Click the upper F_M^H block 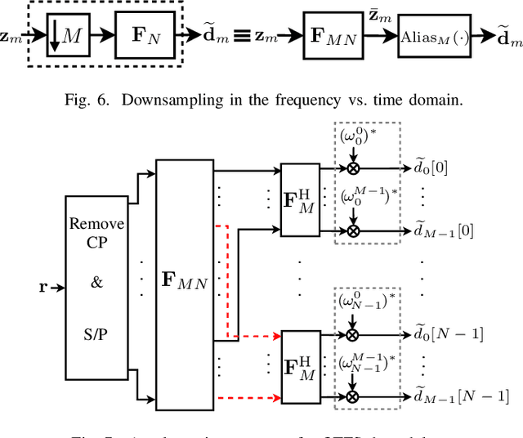click(299, 200)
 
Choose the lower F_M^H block click(299, 365)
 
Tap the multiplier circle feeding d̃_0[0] click(354, 168)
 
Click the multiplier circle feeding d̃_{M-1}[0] click(354, 231)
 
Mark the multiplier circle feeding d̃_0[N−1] click(354, 334)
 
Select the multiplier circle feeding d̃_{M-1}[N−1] click(354, 396)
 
